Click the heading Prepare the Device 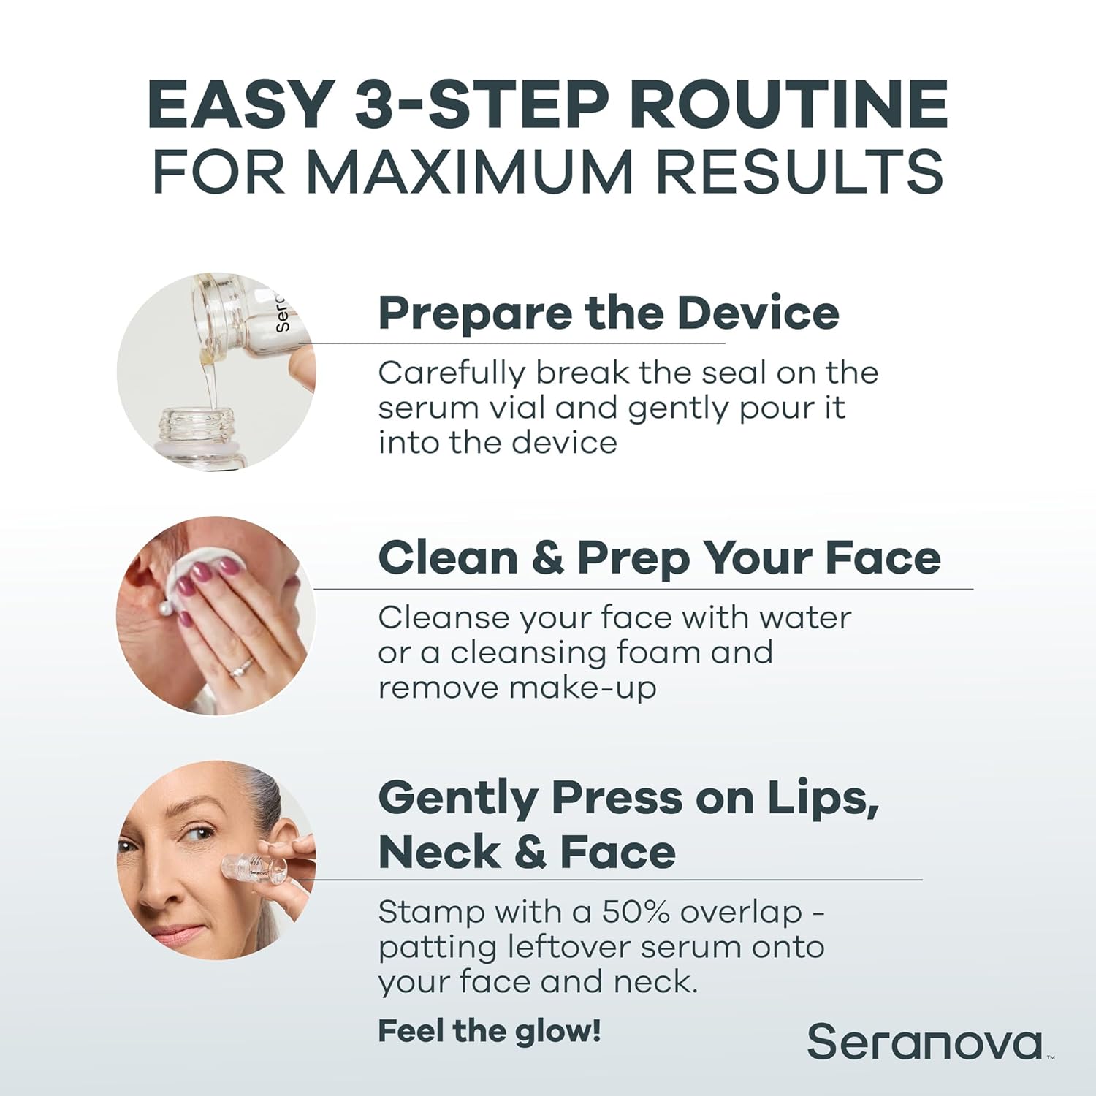608,313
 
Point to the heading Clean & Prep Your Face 659,558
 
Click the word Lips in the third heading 821,798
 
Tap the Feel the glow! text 490,1032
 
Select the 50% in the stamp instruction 636,912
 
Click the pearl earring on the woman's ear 167,605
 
